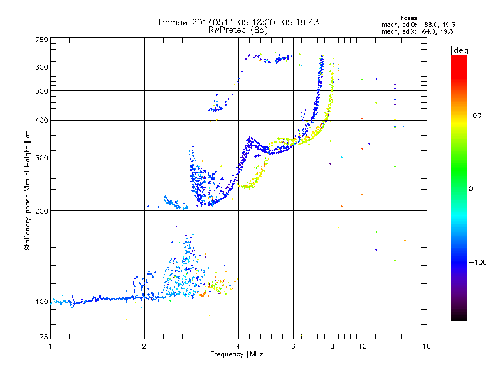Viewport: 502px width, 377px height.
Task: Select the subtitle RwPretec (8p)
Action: point(238,30)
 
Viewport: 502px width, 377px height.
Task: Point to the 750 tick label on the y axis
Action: point(41,40)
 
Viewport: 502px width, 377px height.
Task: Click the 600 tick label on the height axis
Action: point(41,67)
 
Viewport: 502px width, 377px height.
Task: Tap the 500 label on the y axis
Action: point(41,91)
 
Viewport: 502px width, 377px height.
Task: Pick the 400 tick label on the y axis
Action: point(41,120)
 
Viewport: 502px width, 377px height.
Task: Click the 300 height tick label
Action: point(41,158)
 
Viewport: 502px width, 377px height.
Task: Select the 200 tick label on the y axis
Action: point(41,211)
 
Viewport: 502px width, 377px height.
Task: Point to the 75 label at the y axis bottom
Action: point(44,337)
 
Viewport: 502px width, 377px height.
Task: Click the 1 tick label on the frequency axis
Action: point(50,346)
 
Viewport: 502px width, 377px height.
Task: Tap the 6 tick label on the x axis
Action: point(293,346)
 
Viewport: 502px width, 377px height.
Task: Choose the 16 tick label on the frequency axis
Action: point(427,346)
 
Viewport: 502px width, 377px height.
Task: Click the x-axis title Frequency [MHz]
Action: point(238,354)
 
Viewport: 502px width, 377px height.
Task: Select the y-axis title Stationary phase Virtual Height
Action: point(27,189)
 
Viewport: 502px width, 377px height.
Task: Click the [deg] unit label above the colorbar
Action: point(461,50)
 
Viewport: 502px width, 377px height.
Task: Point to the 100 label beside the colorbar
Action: point(475,116)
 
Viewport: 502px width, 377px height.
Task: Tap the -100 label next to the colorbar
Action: point(478,262)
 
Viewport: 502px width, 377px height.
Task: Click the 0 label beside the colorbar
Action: point(471,189)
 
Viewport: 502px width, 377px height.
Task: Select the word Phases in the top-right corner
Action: point(406,18)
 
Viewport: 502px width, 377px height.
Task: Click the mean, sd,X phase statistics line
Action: point(417,32)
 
